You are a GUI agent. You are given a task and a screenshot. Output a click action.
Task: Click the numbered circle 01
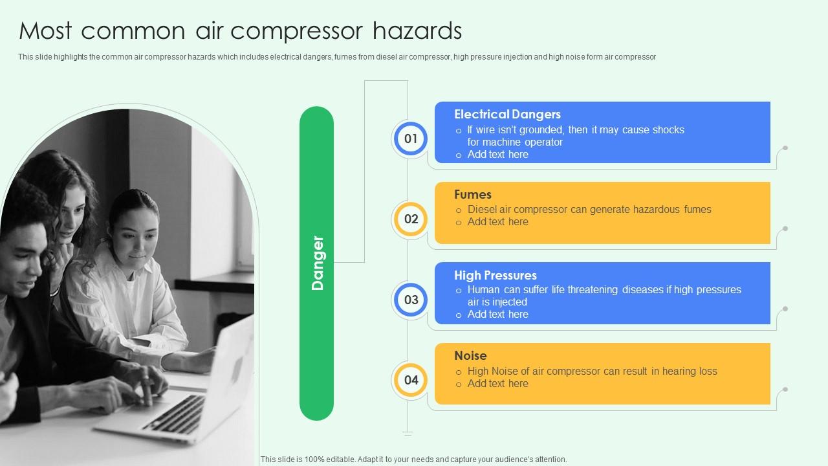pos(411,139)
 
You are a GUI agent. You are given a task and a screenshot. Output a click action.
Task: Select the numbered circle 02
pos(411,219)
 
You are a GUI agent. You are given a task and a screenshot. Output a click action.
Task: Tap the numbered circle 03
pos(411,300)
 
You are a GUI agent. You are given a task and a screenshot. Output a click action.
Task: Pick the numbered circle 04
pos(411,380)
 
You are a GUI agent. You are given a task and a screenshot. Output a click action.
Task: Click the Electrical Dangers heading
pos(507,115)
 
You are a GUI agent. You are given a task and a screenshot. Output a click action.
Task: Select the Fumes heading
pos(473,195)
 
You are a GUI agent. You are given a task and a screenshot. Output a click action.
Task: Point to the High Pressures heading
pos(496,276)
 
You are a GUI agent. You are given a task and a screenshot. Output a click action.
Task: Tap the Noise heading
pos(470,356)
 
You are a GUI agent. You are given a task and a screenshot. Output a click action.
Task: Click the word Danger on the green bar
pos(317,263)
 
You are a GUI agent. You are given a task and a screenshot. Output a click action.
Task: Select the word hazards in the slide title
pos(421,30)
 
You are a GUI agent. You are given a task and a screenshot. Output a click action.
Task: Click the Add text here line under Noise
pos(497,384)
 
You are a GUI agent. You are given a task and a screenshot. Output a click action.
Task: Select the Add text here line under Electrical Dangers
pos(497,155)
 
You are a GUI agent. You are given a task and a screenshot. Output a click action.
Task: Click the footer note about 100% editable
pos(413,460)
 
